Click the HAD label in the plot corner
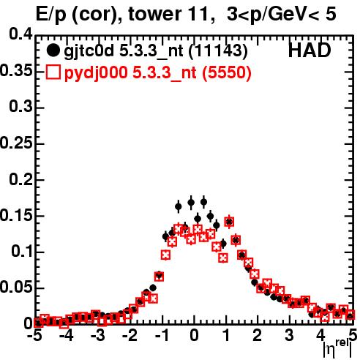[310, 50]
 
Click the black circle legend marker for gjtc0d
[53, 50]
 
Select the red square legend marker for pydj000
[53, 72]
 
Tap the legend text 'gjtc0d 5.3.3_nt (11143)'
[156, 51]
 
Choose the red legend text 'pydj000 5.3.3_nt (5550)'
[157, 73]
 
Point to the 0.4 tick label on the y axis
[21, 34]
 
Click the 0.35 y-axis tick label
[16, 70]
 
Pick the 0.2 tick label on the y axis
[21, 179]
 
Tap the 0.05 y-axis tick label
[16, 288]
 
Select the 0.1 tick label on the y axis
[22, 252]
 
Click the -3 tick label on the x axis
[98, 336]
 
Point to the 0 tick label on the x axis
[194, 336]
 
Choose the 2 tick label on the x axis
[258, 336]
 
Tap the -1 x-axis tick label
[162, 336]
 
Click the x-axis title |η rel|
[338, 348]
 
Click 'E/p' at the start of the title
[51, 15]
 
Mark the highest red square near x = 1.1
[229, 222]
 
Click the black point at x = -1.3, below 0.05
[153, 288]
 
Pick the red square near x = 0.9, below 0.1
[223, 258]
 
